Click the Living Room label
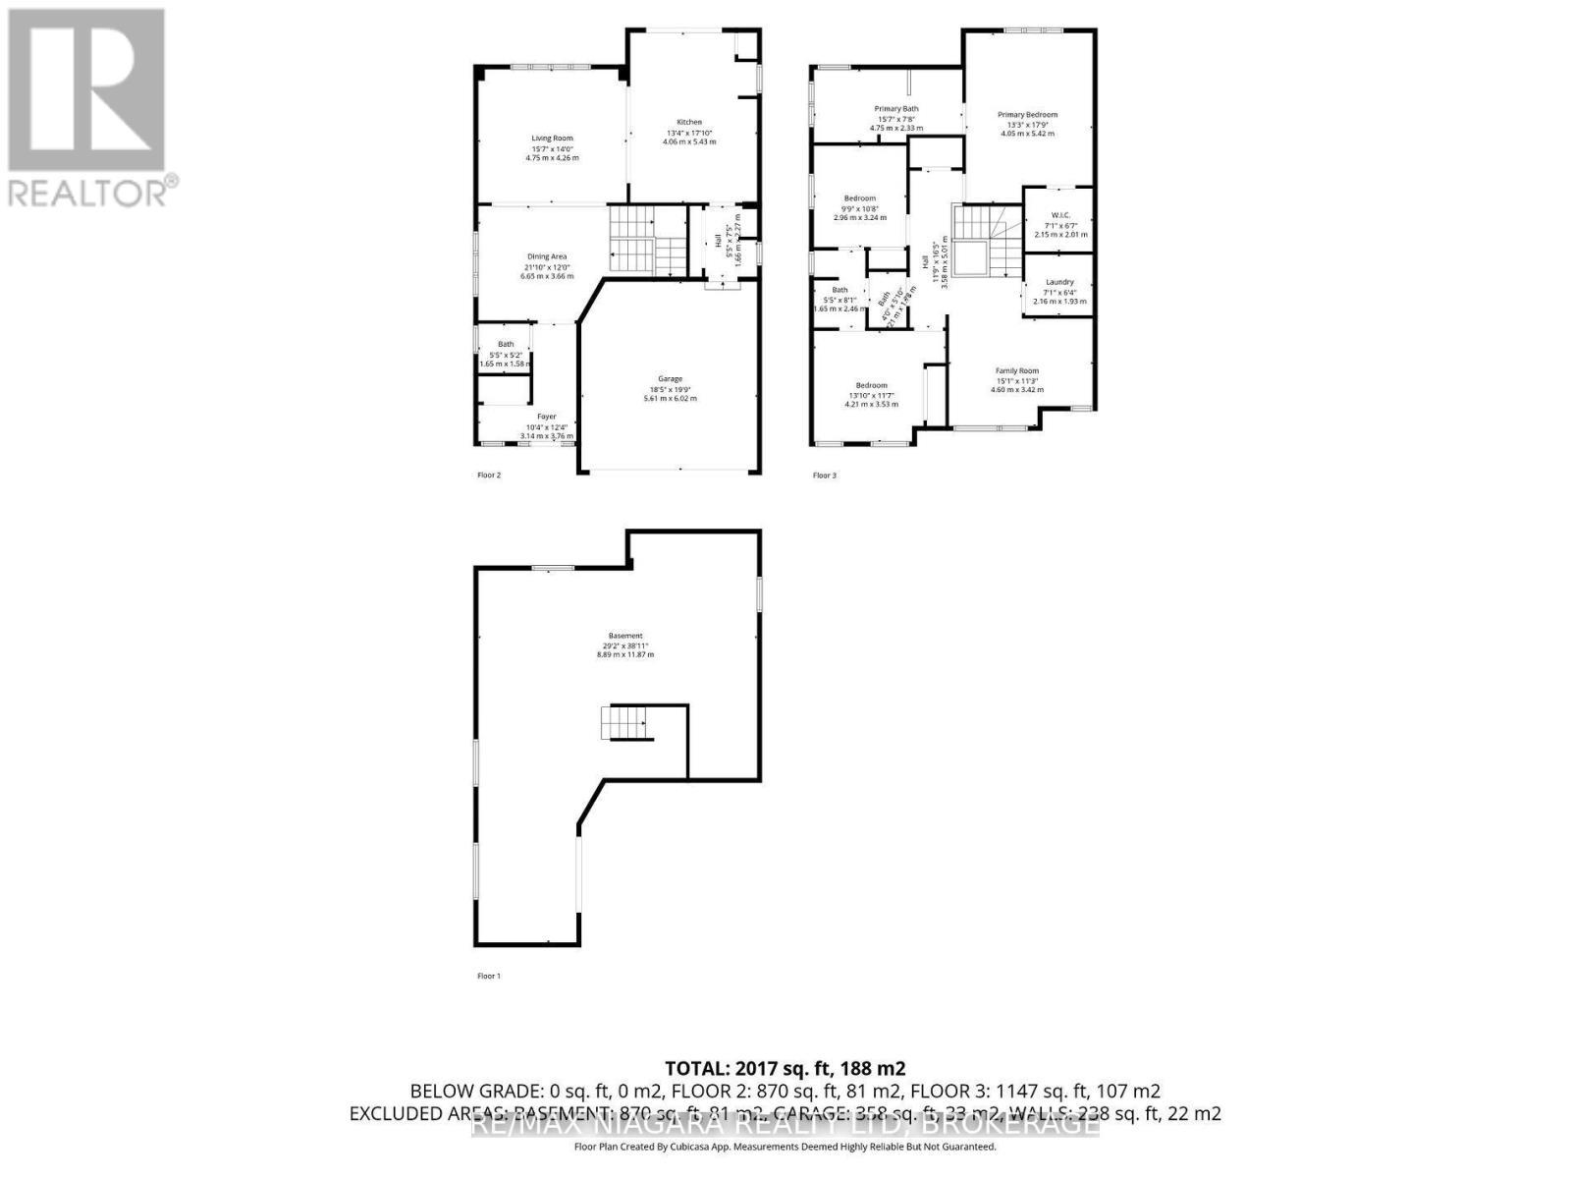point(552,139)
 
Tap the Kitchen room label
point(689,122)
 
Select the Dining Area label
point(547,256)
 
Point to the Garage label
point(670,378)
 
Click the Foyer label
point(547,417)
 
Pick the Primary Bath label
point(896,108)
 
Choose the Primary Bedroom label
point(1027,114)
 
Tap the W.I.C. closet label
point(1060,215)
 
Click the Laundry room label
point(1059,282)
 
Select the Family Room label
point(1016,370)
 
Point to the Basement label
point(625,636)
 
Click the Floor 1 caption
point(489,976)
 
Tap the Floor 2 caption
point(489,476)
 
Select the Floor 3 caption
point(825,476)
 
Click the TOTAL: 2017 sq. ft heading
point(785,1068)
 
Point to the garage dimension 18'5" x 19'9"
point(670,389)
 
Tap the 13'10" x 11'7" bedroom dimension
point(871,395)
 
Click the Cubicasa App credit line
point(785,1147)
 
